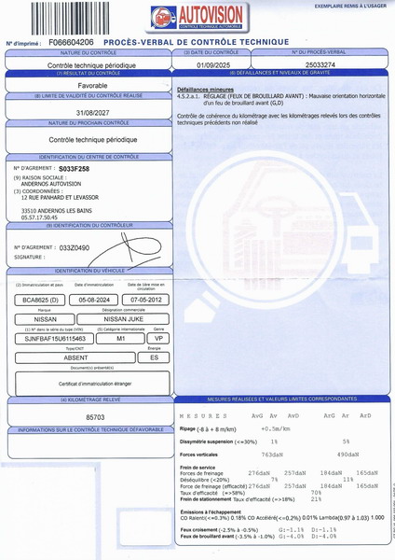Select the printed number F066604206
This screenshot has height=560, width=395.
(x=72, y=43)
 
